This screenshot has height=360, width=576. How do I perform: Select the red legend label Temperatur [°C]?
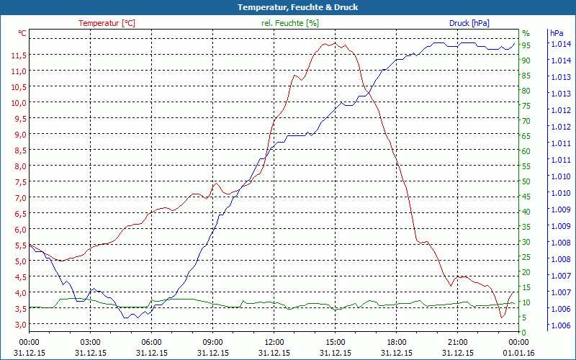(x=107, y=23)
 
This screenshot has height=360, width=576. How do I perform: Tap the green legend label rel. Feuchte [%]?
(x=289, y=23)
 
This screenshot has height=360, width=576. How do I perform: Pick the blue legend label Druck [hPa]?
(x=469, y=23)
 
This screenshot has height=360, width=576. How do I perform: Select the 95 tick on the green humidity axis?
(x=526, y=45)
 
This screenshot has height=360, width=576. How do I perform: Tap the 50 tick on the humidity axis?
(x=526, y=181)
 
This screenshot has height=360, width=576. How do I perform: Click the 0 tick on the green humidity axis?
(x=524, y=333)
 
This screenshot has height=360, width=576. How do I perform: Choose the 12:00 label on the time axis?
(x=274, y=342)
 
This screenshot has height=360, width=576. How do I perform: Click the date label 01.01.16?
(x=519, y=353)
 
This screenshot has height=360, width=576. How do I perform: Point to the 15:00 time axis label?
(x=336, y=342)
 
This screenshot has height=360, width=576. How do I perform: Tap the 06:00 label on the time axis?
(x=152, y=342)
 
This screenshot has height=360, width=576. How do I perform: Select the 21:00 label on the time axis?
(x=458, y=342)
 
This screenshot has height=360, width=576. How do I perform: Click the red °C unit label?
(x=22, y=33)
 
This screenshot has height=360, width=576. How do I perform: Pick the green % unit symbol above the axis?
(x=526, y=33)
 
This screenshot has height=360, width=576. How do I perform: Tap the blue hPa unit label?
(x=557, y=33)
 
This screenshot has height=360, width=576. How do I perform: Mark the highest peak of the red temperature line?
(x=335, y=42)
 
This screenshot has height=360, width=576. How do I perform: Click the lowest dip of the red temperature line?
(x=502, y=317)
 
